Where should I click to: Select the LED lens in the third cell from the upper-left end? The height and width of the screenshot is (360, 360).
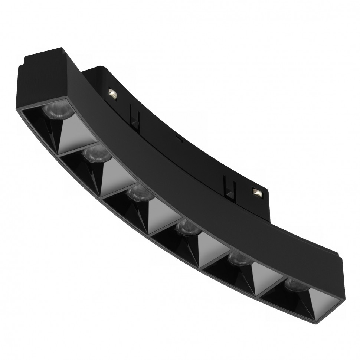click(x=139, y=193)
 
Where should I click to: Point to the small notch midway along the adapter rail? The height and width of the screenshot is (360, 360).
click(x=179, y=140)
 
